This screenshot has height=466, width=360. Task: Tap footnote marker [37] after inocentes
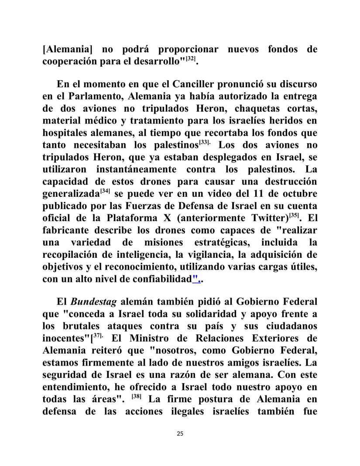coord(99,335)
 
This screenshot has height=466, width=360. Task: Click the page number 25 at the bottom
coord(180,434)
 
